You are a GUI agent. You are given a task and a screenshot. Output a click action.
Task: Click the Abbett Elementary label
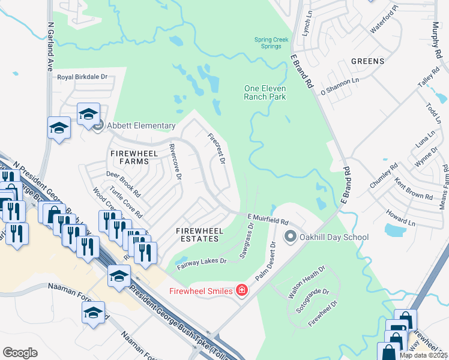pos(141,126)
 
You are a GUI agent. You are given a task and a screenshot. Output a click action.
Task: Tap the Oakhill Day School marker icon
pos(291,237)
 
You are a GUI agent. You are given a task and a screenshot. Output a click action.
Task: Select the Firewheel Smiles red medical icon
pos(242,290)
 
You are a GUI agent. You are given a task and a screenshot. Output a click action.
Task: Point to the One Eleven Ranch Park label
pos(265,92)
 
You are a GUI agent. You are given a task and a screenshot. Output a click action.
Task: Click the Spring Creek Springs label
pos(271,43)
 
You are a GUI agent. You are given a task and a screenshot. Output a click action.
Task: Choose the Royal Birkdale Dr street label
pos(82,77)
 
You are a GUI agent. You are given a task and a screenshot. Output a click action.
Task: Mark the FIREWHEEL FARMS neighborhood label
pos(134,158)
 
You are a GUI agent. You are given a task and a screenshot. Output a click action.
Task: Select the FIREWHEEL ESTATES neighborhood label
pos(199,235)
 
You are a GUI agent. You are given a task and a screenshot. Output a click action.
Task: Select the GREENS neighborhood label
pos(367,61)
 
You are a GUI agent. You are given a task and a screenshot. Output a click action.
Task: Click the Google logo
pos(20,353)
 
